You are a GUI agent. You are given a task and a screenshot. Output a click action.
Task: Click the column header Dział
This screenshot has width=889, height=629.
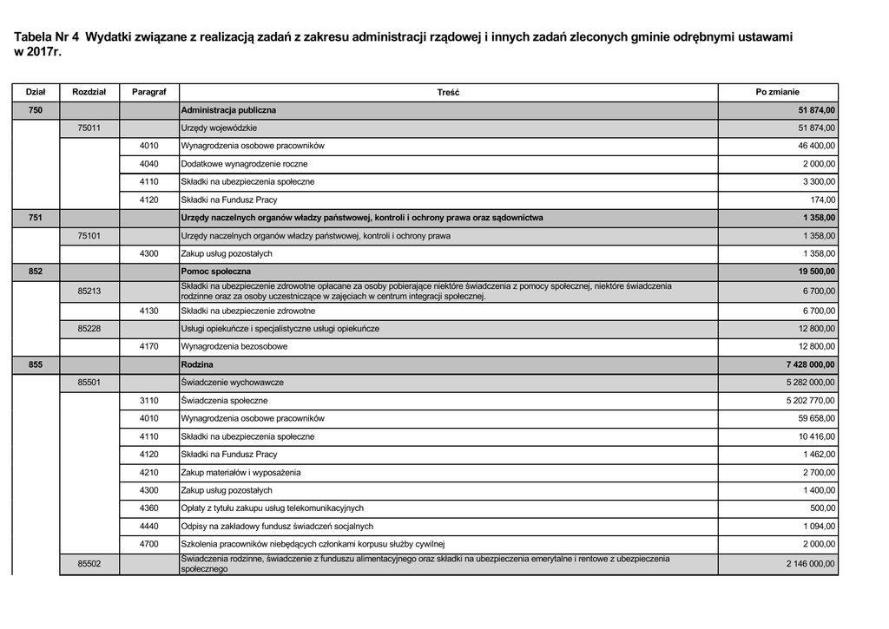[x=36, y=92]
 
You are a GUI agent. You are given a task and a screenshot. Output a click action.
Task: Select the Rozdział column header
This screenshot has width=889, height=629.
[x=89, y=92]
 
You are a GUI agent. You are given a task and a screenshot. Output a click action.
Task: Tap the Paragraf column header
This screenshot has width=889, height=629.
[x=149, y=92]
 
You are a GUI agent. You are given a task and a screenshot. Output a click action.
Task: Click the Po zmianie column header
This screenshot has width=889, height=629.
[x=778, y=92]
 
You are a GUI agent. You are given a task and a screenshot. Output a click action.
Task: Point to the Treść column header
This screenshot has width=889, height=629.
[x=448, y=92]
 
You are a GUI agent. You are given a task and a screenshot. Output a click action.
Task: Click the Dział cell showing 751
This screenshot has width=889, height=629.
[x=36, y=218]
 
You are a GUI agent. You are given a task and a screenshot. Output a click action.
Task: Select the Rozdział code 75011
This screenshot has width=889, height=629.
[x=89, y=128]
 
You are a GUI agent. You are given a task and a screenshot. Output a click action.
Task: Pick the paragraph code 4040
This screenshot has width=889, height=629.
[x=149, y=164]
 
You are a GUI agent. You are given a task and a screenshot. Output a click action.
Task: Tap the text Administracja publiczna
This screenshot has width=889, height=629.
[x=228, y=110]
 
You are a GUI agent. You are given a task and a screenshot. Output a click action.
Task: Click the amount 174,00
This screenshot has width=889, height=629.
[x=822, y=200]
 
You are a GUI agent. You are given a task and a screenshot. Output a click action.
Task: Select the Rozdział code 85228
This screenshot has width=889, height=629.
[x=89, y=329]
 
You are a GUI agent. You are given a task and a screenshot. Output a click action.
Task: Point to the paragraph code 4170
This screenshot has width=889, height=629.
[x=149, y=347]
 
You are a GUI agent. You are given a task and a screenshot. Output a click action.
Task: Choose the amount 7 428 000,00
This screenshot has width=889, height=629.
[x=811, y=365]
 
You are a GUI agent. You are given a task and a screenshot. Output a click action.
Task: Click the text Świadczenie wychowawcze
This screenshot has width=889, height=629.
[x=232, y=383]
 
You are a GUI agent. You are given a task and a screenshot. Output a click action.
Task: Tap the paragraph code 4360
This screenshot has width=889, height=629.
[x=149, y=508]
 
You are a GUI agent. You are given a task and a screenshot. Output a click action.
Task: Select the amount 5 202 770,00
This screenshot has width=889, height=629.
[x=811, y=401]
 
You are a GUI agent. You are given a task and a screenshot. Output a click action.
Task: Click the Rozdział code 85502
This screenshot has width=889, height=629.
[x=89, y=565]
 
